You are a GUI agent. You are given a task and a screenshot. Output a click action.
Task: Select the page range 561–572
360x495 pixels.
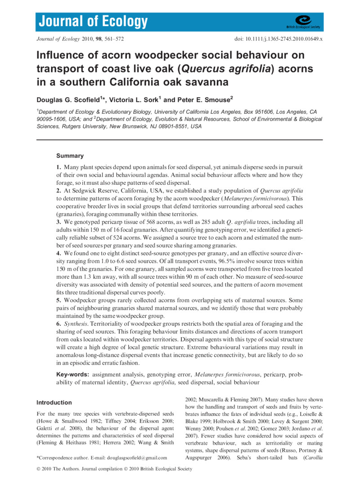114,39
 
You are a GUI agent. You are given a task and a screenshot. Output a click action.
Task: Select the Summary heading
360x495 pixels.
70,156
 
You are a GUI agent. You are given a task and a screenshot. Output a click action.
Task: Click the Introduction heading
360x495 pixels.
54,402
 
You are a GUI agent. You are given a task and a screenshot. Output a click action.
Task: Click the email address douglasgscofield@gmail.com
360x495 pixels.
137,458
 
